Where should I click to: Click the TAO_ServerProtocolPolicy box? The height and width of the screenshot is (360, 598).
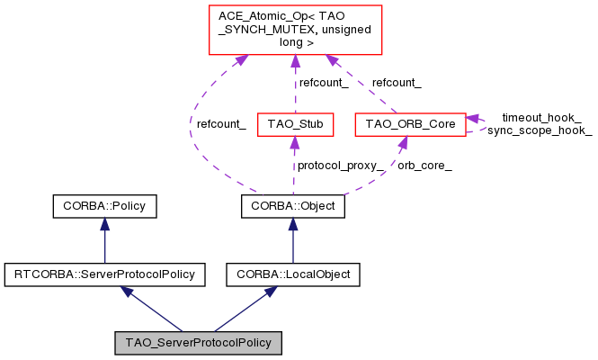[x=199, y=343]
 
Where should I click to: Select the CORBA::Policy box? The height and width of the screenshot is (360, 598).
[x=104, y=207]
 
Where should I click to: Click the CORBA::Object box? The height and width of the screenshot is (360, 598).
[x=294, y=207]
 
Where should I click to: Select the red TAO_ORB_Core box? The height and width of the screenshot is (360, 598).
[x=410, y=122]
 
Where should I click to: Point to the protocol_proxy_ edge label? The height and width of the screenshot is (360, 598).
[x=341, y=166]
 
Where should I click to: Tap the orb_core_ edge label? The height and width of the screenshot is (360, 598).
[x=424, y=166]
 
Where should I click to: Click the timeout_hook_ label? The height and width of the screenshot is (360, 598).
[x=540, y=118]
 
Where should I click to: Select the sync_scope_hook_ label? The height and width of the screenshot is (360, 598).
[x=540, y=130]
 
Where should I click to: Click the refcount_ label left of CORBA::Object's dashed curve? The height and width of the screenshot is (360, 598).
[x=221, y=124]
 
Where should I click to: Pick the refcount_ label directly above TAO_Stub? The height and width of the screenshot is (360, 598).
[x=323, y=83]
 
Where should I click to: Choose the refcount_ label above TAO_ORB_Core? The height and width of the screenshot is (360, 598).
[x=397, y=83]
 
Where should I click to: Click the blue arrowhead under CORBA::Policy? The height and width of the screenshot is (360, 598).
[x=104, y=224]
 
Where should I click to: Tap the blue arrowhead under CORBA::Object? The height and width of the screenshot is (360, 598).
[x=293, y=224]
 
